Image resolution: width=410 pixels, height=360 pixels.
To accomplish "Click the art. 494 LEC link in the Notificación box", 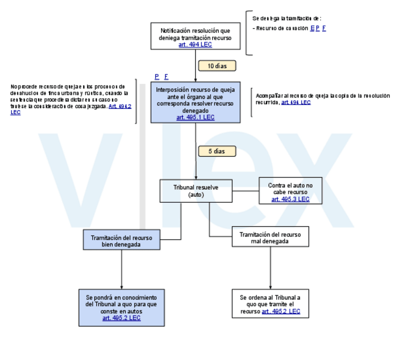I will click(195, 45).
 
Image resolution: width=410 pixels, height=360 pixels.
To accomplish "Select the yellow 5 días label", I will click(217, 151).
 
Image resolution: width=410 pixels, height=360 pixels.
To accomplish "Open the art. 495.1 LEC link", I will click(195, 117).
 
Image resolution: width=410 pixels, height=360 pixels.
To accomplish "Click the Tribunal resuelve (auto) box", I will click(196, 191).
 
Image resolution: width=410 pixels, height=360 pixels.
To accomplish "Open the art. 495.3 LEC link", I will click(290, 199).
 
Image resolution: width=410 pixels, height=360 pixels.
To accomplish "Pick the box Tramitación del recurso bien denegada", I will click(121, 240).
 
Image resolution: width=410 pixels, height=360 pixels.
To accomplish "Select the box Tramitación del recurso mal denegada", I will click(270, 237).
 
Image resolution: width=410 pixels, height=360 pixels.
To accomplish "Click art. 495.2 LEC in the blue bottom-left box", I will click(121, 318).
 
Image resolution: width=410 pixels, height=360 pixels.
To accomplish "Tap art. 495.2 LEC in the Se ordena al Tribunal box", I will click(280, 311).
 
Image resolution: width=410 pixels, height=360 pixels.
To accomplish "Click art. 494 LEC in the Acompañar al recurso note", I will click(296, 102).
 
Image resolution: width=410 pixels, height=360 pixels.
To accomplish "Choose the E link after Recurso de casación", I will click(312, 28).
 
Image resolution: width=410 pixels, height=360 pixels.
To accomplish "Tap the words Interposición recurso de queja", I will click(195, 90).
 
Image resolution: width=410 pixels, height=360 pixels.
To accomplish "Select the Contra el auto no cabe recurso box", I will click(290, 191).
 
